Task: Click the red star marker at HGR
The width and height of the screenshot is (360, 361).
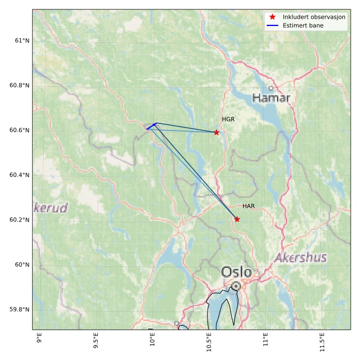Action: click(x=216, y=132)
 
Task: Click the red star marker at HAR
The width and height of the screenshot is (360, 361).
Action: click(x=237, y=219)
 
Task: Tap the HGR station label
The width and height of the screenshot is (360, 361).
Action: click(x=228, y=120)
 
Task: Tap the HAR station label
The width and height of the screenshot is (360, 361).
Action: click(x=248, y=207)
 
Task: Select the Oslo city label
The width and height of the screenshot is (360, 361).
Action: click(x=236, y=272)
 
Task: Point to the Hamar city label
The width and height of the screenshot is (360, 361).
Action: click(x=271, y=98)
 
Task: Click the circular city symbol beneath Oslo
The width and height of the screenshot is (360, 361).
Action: click(x=236, y=286)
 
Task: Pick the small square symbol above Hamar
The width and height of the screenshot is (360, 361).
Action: click(x=271, y=88)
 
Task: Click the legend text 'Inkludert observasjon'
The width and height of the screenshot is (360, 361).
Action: click(x=314, y=17)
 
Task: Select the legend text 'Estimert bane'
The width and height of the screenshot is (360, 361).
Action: click(x=303, y=25)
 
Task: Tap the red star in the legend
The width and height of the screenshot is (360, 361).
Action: click(x=272, y=17)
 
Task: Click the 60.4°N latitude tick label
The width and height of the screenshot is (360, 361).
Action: click(x=17, y=175)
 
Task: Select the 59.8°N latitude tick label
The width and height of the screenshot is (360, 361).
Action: click(x=17, y=310)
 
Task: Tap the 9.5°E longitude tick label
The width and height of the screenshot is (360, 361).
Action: click(x=96, y=339)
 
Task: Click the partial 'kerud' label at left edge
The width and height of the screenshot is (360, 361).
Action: click(x=50, y=208)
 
